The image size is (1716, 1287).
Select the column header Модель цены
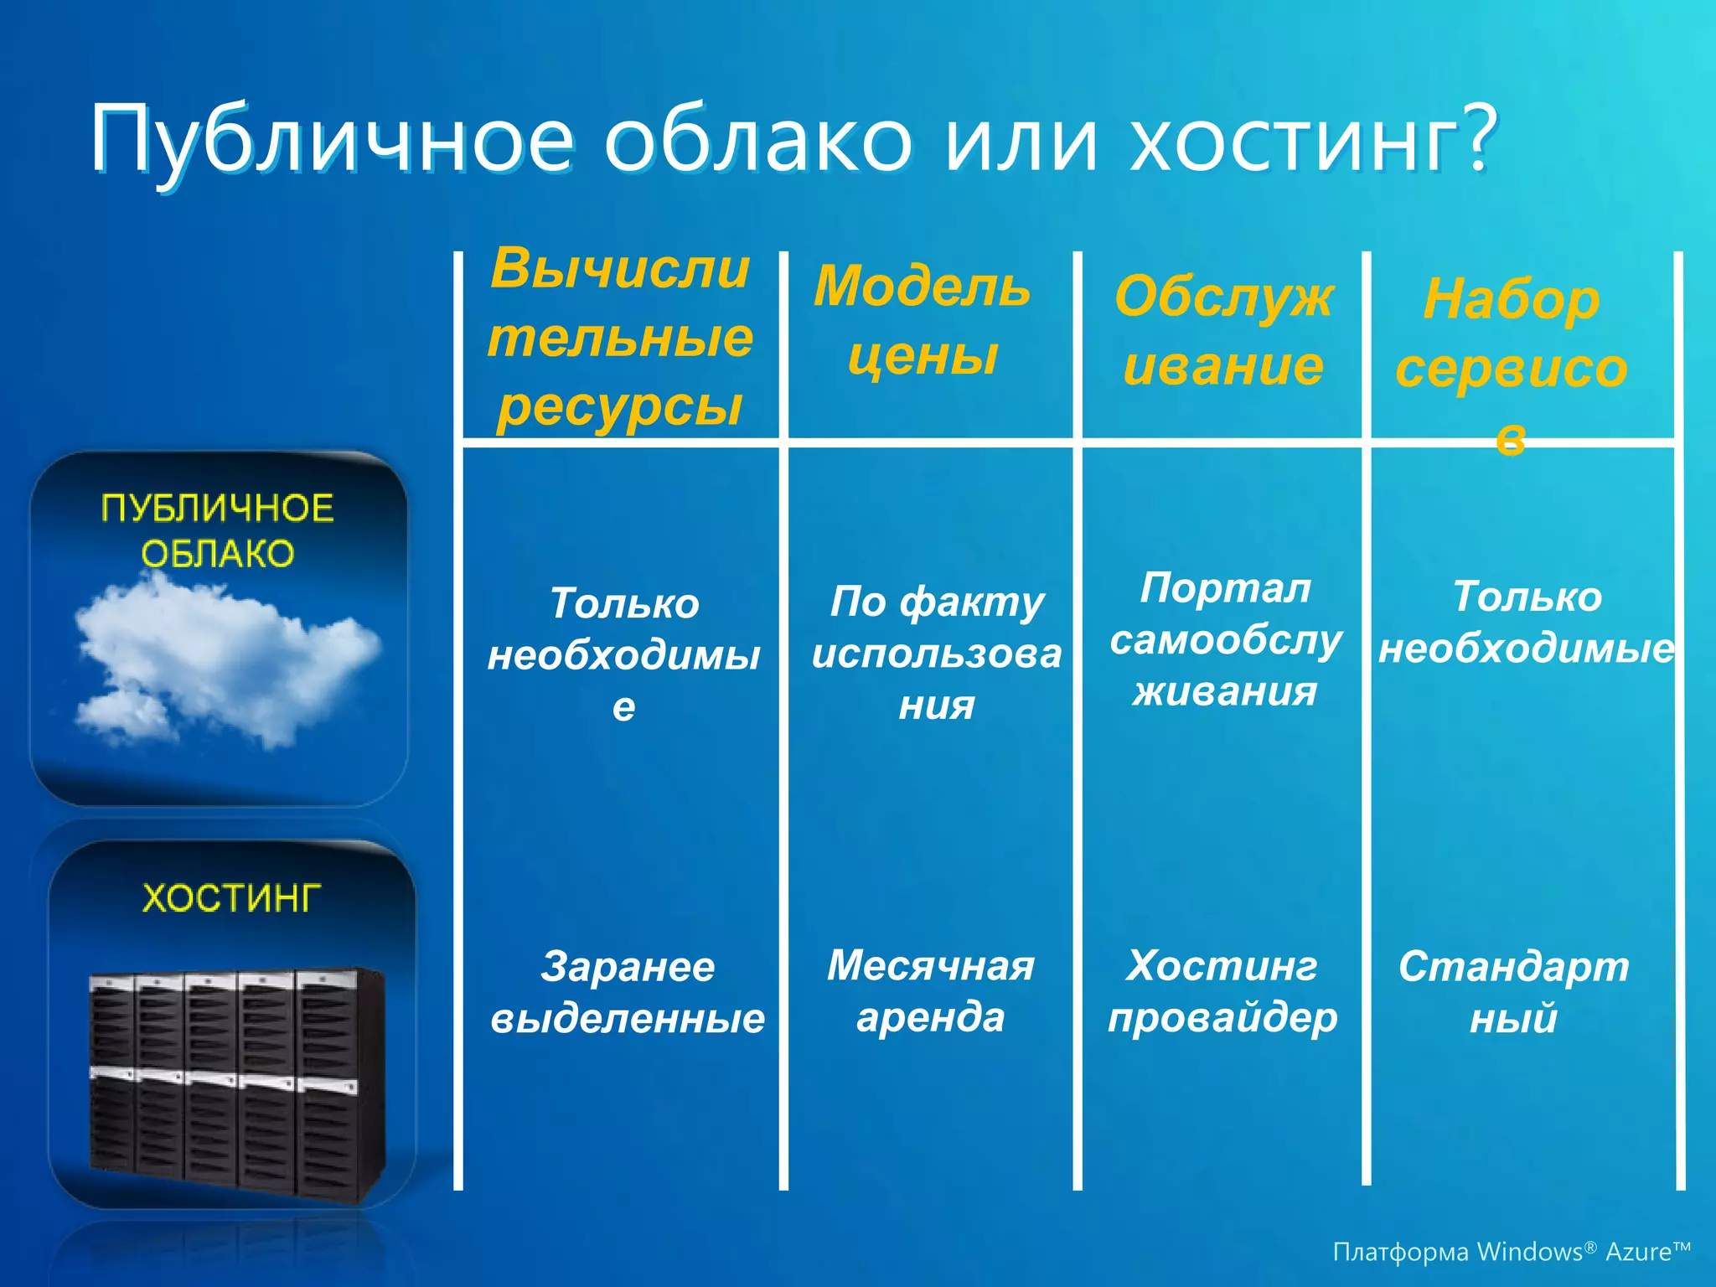[x=922, y=320]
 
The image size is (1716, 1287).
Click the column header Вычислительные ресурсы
[x=620, y=338]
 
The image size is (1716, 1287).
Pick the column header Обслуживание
[x=1223, y=331]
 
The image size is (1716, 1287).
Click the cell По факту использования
[x=936, y=653]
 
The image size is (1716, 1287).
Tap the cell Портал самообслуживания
[x=1225, y=640]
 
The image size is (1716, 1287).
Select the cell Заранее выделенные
[x=628, y=992]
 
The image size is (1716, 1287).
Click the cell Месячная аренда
[x=930, y=991]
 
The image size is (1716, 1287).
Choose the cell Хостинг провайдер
[x=1222, y=991]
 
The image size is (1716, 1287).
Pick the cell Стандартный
[x=1513, y=992]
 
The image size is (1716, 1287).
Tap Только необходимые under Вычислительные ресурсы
[x=624, y=654]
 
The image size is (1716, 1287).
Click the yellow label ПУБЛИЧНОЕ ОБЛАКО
[x=218, y=531]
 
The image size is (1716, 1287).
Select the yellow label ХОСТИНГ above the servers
[x=231, y=898]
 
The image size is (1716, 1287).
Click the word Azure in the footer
[x=1638, y=1252]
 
